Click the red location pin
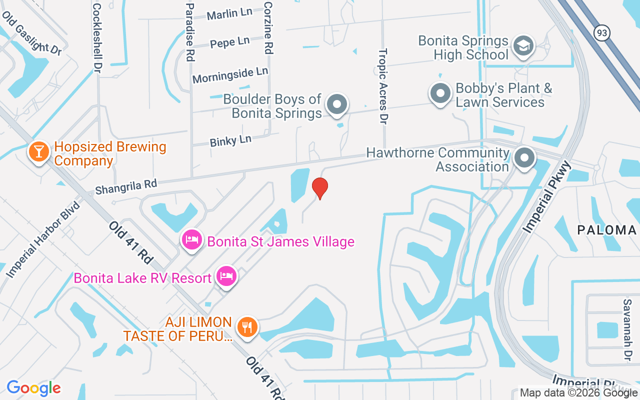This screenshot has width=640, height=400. pos(320,188)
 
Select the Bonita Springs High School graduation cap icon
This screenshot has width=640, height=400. pos(523,46)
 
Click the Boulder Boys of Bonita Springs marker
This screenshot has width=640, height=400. pos(337,104)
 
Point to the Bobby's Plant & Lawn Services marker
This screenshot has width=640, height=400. pos(440,93)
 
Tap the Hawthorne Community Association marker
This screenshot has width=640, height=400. pos(524,158)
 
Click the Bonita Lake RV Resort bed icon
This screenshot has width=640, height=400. pos(226,276)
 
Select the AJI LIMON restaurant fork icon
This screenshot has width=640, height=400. pos(246,327)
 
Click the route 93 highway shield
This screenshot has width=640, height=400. pos(601,33)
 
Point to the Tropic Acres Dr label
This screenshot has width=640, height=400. pos(383,86)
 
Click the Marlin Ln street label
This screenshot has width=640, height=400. pos(229,14)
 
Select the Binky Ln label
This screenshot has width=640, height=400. pos(230,140)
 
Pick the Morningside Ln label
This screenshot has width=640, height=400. pos(230,75)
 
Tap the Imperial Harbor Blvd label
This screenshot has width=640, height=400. pos(44,240)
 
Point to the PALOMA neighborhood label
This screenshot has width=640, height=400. pos(606,230)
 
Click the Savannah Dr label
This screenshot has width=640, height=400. pos(627,330)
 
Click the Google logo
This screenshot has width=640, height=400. pos(34,388)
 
